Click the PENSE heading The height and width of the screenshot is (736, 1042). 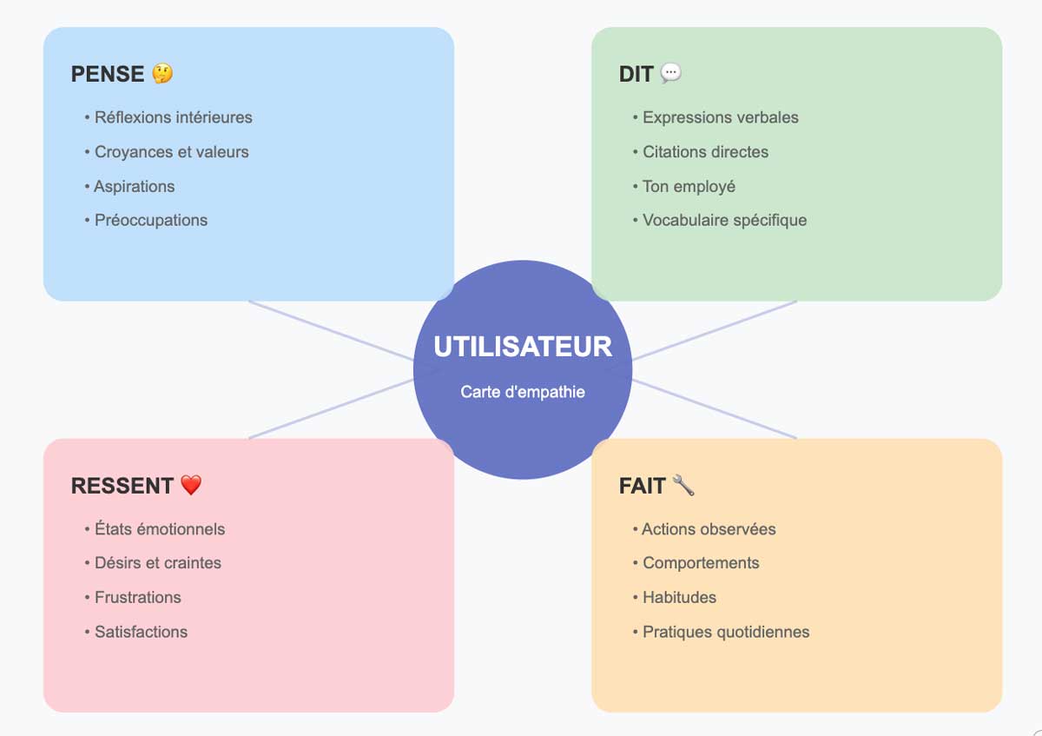point(108,74)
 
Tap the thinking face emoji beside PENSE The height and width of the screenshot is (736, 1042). point(162,74)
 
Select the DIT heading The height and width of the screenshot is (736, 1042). point(636,74)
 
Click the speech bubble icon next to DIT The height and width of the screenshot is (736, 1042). point(671,74)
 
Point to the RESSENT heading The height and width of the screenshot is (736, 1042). point(122,486)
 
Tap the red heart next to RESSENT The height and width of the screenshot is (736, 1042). point(191,486)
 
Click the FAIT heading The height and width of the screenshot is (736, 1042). point(642,486)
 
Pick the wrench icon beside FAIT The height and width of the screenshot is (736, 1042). point(683,486)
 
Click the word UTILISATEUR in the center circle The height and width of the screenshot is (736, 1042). point(523,347)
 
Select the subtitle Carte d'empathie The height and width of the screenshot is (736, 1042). point(523,392)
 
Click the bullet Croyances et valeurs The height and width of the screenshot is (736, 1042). point(171,152)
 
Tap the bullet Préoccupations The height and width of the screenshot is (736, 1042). point(150,221)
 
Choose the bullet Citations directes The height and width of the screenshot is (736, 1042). point(705,152)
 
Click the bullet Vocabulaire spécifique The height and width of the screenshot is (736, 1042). point(724,221)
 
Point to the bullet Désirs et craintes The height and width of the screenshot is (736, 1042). point(157,563)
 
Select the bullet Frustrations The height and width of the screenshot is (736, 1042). point(137,598)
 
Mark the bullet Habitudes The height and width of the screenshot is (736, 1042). point(679,598)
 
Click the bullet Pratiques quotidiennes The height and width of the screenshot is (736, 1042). point(726,633)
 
